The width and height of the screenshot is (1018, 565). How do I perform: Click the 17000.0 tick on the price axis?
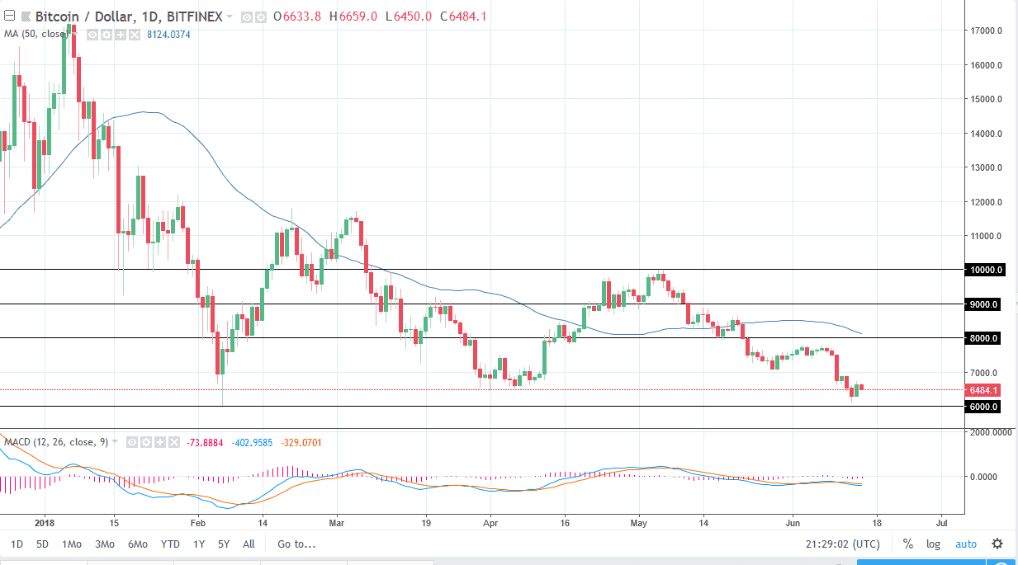[x=987, y=31]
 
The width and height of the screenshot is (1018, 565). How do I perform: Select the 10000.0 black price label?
[x=987, y=270]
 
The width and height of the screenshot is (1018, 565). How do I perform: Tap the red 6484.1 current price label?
[x=987, y=390]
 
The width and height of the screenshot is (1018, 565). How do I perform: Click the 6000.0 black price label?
[x=987, y=407]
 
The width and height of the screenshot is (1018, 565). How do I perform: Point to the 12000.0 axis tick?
[x=987, y=202]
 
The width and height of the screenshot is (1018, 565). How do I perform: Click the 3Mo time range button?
[x=104, y=544]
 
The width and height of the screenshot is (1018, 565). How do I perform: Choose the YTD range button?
[x=170, y=544]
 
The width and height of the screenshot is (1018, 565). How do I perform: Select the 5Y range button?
[x=224, y=544]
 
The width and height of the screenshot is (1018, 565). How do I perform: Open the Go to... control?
[x=296, y=544]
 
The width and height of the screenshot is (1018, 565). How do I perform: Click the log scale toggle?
[x=933, y=544]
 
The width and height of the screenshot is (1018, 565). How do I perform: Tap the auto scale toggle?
[x=965, y=544]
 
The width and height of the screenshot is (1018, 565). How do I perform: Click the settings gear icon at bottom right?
[x=997, y=544]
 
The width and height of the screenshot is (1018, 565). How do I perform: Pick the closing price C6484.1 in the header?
[x=463, y=16]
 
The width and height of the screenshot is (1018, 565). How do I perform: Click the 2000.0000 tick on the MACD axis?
[x=991, y=432]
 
